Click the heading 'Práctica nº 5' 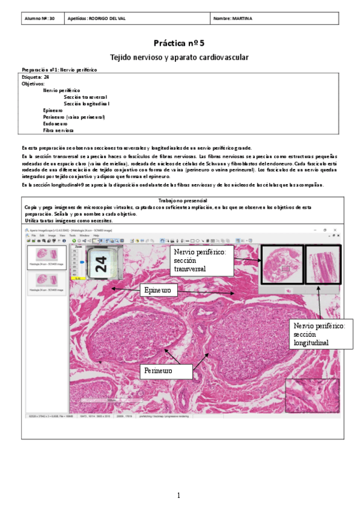tap(179, 43)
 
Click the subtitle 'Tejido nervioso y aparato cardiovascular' tap(179, 57)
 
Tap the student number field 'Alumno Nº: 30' tap(40, 19)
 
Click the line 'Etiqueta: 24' tap(35, 77)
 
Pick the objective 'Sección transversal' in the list tap(85, 97)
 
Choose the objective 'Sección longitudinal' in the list tap(87, 103)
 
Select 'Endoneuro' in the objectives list tap(55, 123)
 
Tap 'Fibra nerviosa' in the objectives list tap(59, 130)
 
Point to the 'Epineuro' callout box tap(158, 290)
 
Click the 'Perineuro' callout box tap(158, 371)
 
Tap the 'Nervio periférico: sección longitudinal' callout tap(319, 334)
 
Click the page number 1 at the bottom tap(178, 495)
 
